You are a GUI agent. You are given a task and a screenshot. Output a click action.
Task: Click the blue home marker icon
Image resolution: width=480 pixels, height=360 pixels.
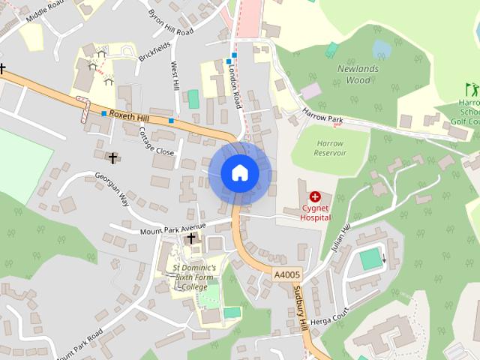click(239, 172)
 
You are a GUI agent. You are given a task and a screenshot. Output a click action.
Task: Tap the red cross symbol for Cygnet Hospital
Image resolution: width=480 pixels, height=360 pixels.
click(315, 196)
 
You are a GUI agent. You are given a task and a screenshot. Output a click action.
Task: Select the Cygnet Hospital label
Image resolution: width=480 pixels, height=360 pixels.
click(315, 212)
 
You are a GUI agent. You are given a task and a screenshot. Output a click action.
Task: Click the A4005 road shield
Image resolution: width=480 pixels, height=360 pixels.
click(286, 275)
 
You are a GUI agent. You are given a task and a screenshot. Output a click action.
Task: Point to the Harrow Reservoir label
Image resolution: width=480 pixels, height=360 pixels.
click(330, 148)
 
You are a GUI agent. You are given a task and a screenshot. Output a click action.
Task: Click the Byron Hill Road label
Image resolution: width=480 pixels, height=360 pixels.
click(170, 24)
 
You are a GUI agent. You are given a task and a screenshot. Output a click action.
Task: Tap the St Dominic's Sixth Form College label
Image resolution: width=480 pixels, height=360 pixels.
click(194, 276)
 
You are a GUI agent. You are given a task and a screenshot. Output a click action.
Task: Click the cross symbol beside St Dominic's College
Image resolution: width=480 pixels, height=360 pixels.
click(191, 238)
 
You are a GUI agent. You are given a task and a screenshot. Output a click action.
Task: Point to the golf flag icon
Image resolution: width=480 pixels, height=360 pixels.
click(470, 88)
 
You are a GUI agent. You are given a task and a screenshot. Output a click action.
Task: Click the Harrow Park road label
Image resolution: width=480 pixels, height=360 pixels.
click(322, 115)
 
